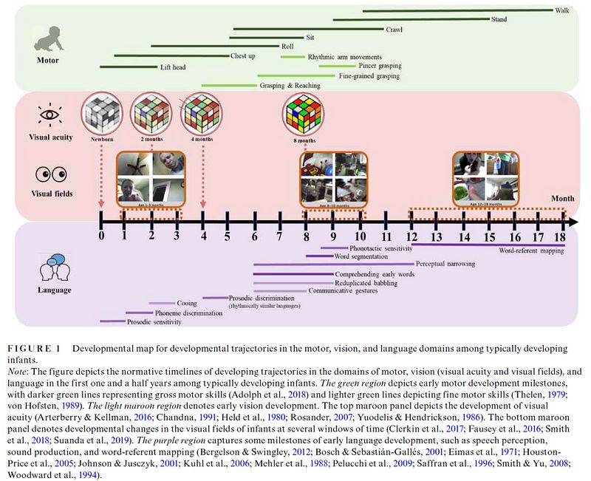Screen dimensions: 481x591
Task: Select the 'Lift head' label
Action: point(173,67)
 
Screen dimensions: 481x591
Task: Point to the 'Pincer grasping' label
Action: point(385,66)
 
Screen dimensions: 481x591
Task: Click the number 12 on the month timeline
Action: point(411,236)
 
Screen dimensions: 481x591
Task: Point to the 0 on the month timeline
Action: point(101,236)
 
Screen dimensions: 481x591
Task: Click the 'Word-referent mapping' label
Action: point(530,251)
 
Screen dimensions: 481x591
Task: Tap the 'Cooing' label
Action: point(187,303)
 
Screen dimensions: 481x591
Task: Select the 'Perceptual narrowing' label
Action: point(445,264)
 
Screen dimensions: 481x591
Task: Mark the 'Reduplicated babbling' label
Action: point(367,282)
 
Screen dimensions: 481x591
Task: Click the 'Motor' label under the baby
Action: point(49,60)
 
